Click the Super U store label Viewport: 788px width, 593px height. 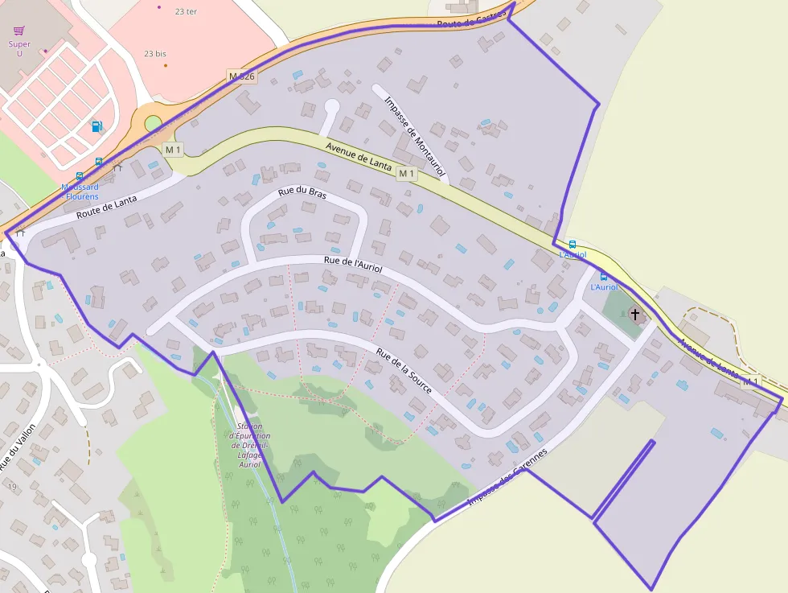pyautogui.click(x=19, y=49)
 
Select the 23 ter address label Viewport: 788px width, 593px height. pyautogui.click(x=186, y=11)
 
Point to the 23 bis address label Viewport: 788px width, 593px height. pyautogui.click(x=155, y=54)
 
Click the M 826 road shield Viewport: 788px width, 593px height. pyautogui.click(x=242, y=76)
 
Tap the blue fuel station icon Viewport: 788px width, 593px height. pyautogui.click(x=97, y=126)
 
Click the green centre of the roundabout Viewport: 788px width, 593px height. pyautogui.click(x=153, y=124)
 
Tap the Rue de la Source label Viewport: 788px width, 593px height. pyautogui.click(x=404, y=371)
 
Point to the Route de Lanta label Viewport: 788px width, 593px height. pyautogui.click(x=107, y=208)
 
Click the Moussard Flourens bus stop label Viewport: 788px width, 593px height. pyautogui.click(x=80, y=191)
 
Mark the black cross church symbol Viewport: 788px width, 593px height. pyautogui.click(x=635, y=314)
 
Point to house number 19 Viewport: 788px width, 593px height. pyautogui.click(x=12, y=487)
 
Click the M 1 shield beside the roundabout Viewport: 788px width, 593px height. pyautogui.click(x=173, y=150)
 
